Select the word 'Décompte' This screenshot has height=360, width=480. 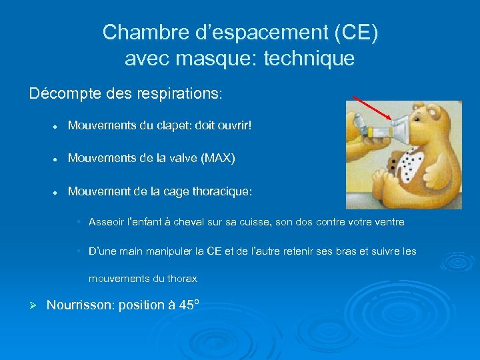pyautogui.click(x=62, y=93)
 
